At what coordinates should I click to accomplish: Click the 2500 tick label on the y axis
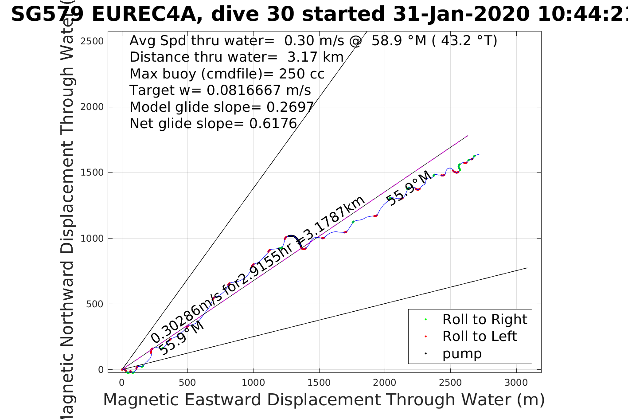coord(92,41)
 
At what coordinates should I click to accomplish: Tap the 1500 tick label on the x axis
coord(319,383)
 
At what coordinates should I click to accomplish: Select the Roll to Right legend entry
coord(484,319)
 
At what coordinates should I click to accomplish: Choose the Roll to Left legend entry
coord(479,336)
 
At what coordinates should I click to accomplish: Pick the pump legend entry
coord(462,353)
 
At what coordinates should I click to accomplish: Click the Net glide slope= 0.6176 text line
coord(213,124)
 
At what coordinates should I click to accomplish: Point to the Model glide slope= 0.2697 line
coord(222,107)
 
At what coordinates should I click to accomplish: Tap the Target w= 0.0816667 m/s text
coord(220,90)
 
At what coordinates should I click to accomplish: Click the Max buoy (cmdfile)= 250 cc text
coord(227,74)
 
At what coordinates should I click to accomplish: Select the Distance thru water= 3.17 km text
coord(237,57)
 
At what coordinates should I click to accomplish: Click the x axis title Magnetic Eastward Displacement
coord(324,400)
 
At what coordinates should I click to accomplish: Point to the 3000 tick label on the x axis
coord(516,383)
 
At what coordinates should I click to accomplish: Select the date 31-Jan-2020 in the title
coord(461,14)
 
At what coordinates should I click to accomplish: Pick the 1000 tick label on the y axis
coord(92,239)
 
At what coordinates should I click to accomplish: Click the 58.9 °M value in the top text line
coord(399,41)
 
